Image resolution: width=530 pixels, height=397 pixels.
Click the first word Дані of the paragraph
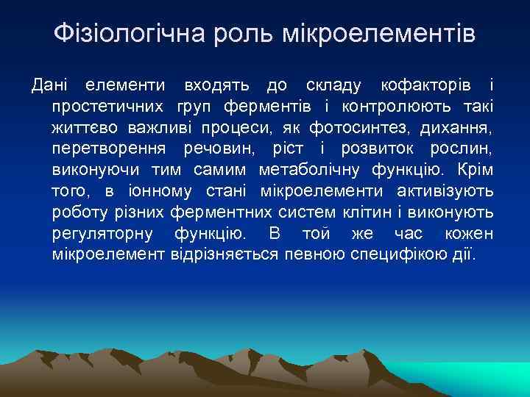pyautogui.click(x=52, y=85)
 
